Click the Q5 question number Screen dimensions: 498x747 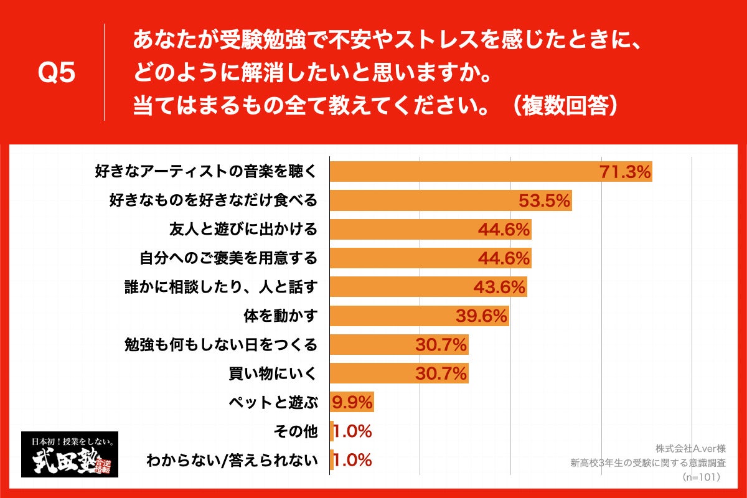click(57, 73)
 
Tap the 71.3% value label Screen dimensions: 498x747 click(625, 171)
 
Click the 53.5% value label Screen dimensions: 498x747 click(545, 200)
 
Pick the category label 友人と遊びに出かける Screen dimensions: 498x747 click(243, 229)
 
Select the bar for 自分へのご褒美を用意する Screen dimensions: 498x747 click(430, 258)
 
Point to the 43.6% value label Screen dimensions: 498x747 click(500, 287)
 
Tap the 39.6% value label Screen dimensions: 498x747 click(482, 316)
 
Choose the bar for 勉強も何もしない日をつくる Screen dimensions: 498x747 click(398, 345)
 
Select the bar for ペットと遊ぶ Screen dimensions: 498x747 click(352, 402)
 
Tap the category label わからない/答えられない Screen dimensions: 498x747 click(232, 461)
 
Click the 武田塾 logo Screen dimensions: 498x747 click(70, 454)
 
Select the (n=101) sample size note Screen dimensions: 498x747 click(700, 477)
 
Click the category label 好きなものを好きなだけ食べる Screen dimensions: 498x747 click(214, 200)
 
